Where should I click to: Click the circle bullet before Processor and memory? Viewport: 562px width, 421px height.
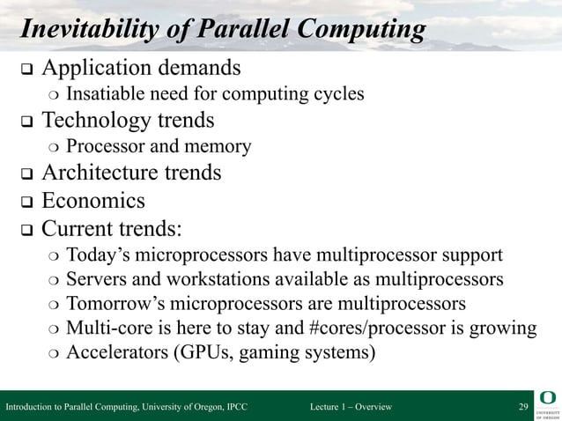(53, 147)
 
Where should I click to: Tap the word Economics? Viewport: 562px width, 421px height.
(93, 201)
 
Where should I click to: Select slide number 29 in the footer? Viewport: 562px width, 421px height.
(524, 407)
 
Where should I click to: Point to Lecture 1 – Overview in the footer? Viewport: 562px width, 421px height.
(351, 407)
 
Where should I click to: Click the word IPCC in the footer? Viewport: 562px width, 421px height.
(235, 407)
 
